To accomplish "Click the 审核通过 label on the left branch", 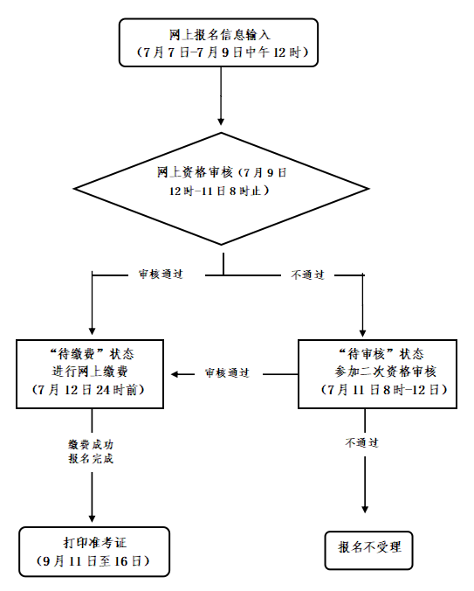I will (x=160, y=275).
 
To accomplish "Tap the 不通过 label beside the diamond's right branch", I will (x=307, y=275).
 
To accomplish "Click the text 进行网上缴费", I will (x=92, y=372).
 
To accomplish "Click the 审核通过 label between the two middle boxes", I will (x=227, y=373).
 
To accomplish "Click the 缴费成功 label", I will (x=92, y=444).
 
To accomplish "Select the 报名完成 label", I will (x=92, y=458).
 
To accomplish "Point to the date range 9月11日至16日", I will (x=92, y=560).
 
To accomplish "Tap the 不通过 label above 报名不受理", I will (x=361, y=442).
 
